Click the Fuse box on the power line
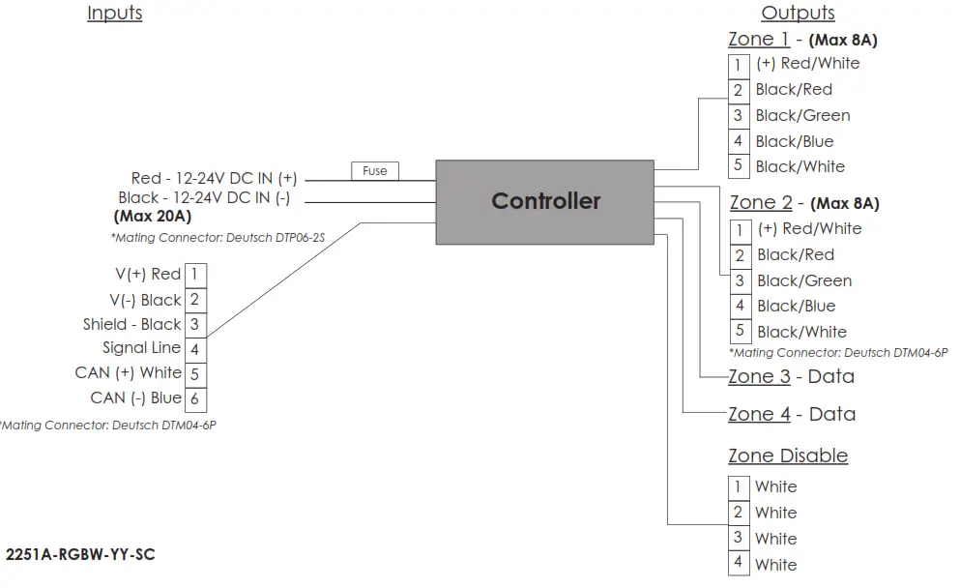click(x=375, y=171)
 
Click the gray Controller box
click(x=545, y=202)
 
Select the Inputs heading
click(x=114, y=13)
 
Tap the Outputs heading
click(x=798, y=13)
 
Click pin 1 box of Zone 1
click(x=739, y=66)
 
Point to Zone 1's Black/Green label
click(x=802, y=115)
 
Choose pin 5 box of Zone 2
click(x=740, y=331)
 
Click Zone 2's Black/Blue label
click(x=796, y=306)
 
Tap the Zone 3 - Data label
click(x=791, y=376)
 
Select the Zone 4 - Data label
click(x=792, y=414)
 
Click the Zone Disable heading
click(x=788, y=456)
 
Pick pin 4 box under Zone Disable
click(x=739, y=564)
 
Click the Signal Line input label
click(x=141, y=348)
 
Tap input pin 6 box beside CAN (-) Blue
click(x=195, y=399)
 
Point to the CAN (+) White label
click(x=128, y=373)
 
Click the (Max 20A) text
click(x=153, y=217)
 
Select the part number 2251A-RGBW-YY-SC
click(x=80, y=554)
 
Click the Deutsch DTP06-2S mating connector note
click(x=218, y=238)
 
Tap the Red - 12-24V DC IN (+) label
click(x=214, y=178)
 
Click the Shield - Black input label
click(x=132, y=324)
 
